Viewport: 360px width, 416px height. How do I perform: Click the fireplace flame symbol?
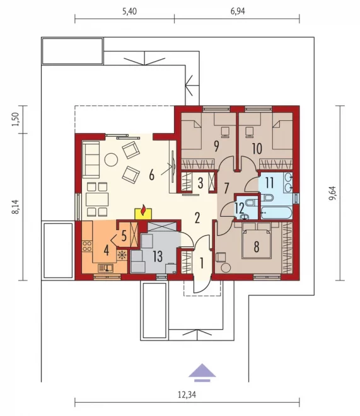click(x=144, y=209)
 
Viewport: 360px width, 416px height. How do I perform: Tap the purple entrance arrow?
click(x=202, y=373)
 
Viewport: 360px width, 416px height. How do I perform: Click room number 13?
click(x=158, y=257)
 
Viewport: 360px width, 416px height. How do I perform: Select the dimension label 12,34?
click(x=187, y=395)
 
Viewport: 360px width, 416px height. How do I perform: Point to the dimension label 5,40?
click(x=129, y=11)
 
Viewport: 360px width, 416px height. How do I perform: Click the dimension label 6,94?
click(x=238, y=11)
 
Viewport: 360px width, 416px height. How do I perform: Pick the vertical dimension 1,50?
click(x=16, y=119)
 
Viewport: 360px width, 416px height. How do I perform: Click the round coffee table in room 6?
click(x=111, y=159)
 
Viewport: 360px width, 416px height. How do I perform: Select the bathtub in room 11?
click(x=276, y=212)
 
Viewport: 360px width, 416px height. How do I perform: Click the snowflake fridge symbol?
click(x=122, y=255)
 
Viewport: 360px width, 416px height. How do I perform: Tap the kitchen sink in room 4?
click(x=105, y=269)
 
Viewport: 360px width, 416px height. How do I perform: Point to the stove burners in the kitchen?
click(x=87, y=246)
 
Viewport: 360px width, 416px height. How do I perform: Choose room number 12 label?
click(x=240, y=208)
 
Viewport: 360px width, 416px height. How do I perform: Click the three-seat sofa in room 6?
click(x=91, y=159)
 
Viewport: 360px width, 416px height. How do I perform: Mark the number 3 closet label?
click(x=200, y=183)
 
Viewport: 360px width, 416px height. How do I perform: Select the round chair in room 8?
click(x=226, y=268)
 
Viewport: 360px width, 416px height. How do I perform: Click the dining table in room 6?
click(x=98, y=199)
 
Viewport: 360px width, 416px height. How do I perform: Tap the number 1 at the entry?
click(x=202, y=263)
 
